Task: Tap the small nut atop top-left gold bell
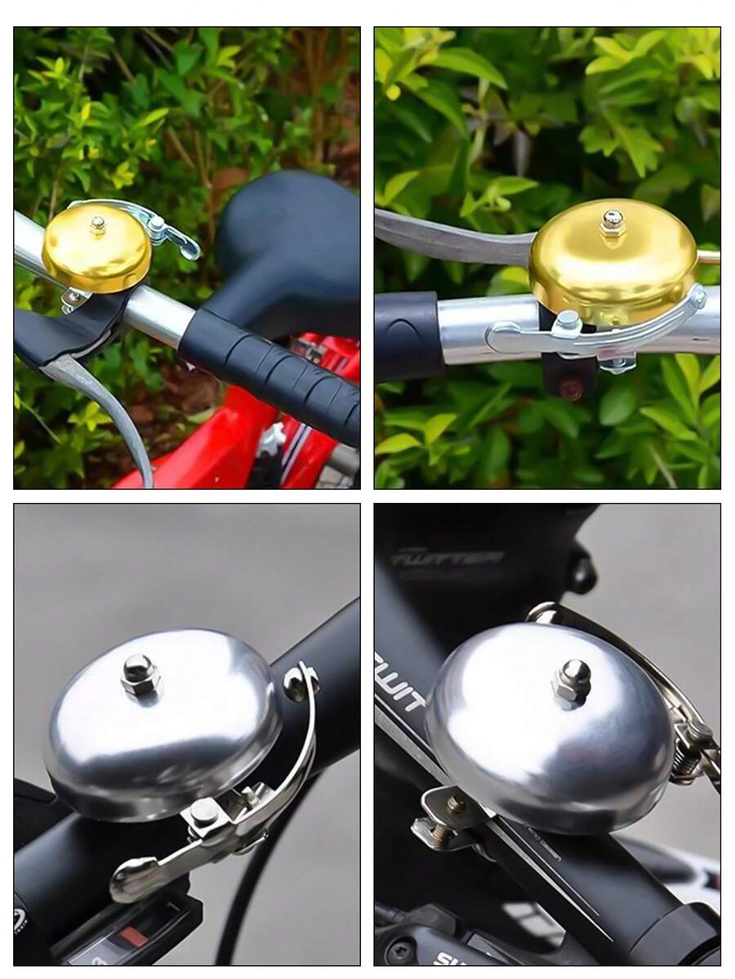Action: coord(98,223)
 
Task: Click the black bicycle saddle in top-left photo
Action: coord(286,245)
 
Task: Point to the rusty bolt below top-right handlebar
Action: coord(572,389)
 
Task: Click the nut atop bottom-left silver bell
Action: coord(140,674)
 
